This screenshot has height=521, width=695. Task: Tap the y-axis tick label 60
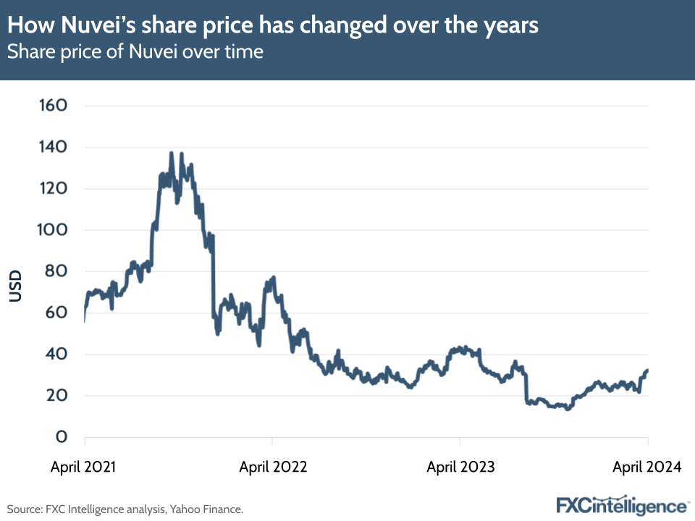[55, 313]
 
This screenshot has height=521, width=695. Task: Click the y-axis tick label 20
[55, 396]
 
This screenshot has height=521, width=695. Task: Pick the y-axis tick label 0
[62, 437]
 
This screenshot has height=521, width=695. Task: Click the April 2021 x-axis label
[84, 467]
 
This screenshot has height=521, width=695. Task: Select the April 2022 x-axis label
[273, 467]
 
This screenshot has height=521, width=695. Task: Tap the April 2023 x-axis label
[460, 467]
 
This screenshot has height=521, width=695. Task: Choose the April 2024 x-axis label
[646, 467]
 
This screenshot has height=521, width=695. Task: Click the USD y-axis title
[15, 286]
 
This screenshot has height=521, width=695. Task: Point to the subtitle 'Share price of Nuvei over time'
[135, 52]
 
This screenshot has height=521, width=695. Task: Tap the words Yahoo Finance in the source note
[206, 509]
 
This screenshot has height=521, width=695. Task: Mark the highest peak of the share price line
[172, 153]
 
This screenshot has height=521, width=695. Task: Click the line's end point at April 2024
[647, 370]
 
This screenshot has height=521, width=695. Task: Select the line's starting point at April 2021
[85, 320]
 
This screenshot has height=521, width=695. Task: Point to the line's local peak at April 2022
[273, 277]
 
